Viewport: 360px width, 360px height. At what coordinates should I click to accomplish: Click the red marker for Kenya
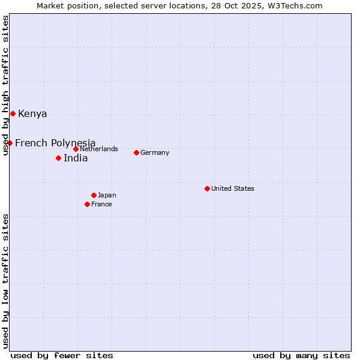pyautogui.click(x=13, y=113)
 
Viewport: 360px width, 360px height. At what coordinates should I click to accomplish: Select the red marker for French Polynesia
pyautogui.click(x=10, y=143)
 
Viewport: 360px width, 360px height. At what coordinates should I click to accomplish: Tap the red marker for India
pyautogui.click(x=58, y=158)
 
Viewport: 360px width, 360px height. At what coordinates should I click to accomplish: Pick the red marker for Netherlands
pyautogui.click(x=76, y=149)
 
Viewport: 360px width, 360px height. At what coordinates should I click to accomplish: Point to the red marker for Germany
pyautogui.click(x=136, y=152)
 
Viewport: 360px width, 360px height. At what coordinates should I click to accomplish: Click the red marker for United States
pyautogui.click(x=207, y=188)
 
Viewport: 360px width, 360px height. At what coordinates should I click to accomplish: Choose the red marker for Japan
pyautogui.click(x=94, y=195)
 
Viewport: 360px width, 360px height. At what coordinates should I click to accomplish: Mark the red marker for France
pyautogui.click(x=87, y=204)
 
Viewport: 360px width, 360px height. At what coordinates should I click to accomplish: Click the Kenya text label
pyautogui.click(x=32, y=114)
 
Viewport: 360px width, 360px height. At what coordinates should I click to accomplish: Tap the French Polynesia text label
pyautogui.click(x=55, y=143)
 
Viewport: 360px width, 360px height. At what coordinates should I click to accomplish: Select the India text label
pyautogui.click(x=76, y=158)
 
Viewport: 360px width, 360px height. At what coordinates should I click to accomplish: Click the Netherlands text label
pyautogui.click(x=98, y=149)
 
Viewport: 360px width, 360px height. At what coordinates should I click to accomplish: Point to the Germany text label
pyautogui.click(x=155, y=152)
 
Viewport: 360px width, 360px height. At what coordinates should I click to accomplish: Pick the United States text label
pyautogui.click(x=233, y=188)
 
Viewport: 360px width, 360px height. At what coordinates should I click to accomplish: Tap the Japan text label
pyautogui.click(x=107, y=195)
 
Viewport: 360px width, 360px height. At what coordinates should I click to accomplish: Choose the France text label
pyautogui.click(x=101, y=204)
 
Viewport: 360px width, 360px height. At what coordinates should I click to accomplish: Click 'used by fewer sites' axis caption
pyautogui.click(x=62, y=355)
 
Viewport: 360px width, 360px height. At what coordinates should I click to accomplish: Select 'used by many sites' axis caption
pyautogui.click(x=301, y=355)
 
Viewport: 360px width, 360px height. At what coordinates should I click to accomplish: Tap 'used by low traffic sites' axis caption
pyautogui.click(x=5, y=281)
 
